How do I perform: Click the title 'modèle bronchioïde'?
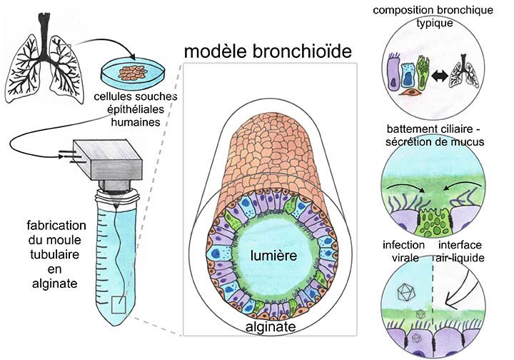[268, 51]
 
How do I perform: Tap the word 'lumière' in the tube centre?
[273, 256]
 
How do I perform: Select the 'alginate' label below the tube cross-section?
[271, 326]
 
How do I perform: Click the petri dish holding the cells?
[133, 74]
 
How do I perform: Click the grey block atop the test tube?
[108, 160]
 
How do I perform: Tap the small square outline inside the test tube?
[119, 304]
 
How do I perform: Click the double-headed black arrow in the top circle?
[440, 76]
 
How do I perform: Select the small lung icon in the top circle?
[464, 71]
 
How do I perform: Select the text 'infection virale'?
[404, 251]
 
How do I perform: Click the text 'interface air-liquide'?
[459, 251]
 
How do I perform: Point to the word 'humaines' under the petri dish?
[136, 122]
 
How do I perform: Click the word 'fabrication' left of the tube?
[56, 226]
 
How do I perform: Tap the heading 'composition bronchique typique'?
[433, 16]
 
